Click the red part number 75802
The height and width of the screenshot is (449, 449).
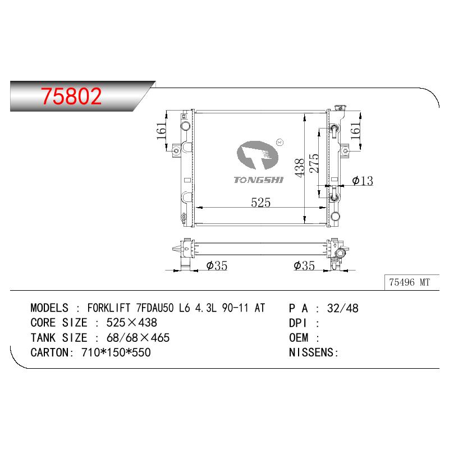(x=71, y=96)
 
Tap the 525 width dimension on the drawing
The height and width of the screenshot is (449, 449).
(x=260, y=203)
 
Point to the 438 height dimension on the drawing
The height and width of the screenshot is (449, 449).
(x=300, y=168)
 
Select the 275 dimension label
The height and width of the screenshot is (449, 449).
(x=314, y=163)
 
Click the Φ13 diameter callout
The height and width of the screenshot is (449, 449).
(x=363, y=181)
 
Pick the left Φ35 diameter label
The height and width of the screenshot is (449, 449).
(x=217, y=265)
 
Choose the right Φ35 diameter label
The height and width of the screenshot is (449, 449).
(x=304, y=265)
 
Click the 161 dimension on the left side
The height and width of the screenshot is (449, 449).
(x=162, y=131)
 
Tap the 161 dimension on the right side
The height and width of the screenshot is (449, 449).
(x=355, y=131)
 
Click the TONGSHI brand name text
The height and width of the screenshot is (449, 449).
(x=258, y=180)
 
